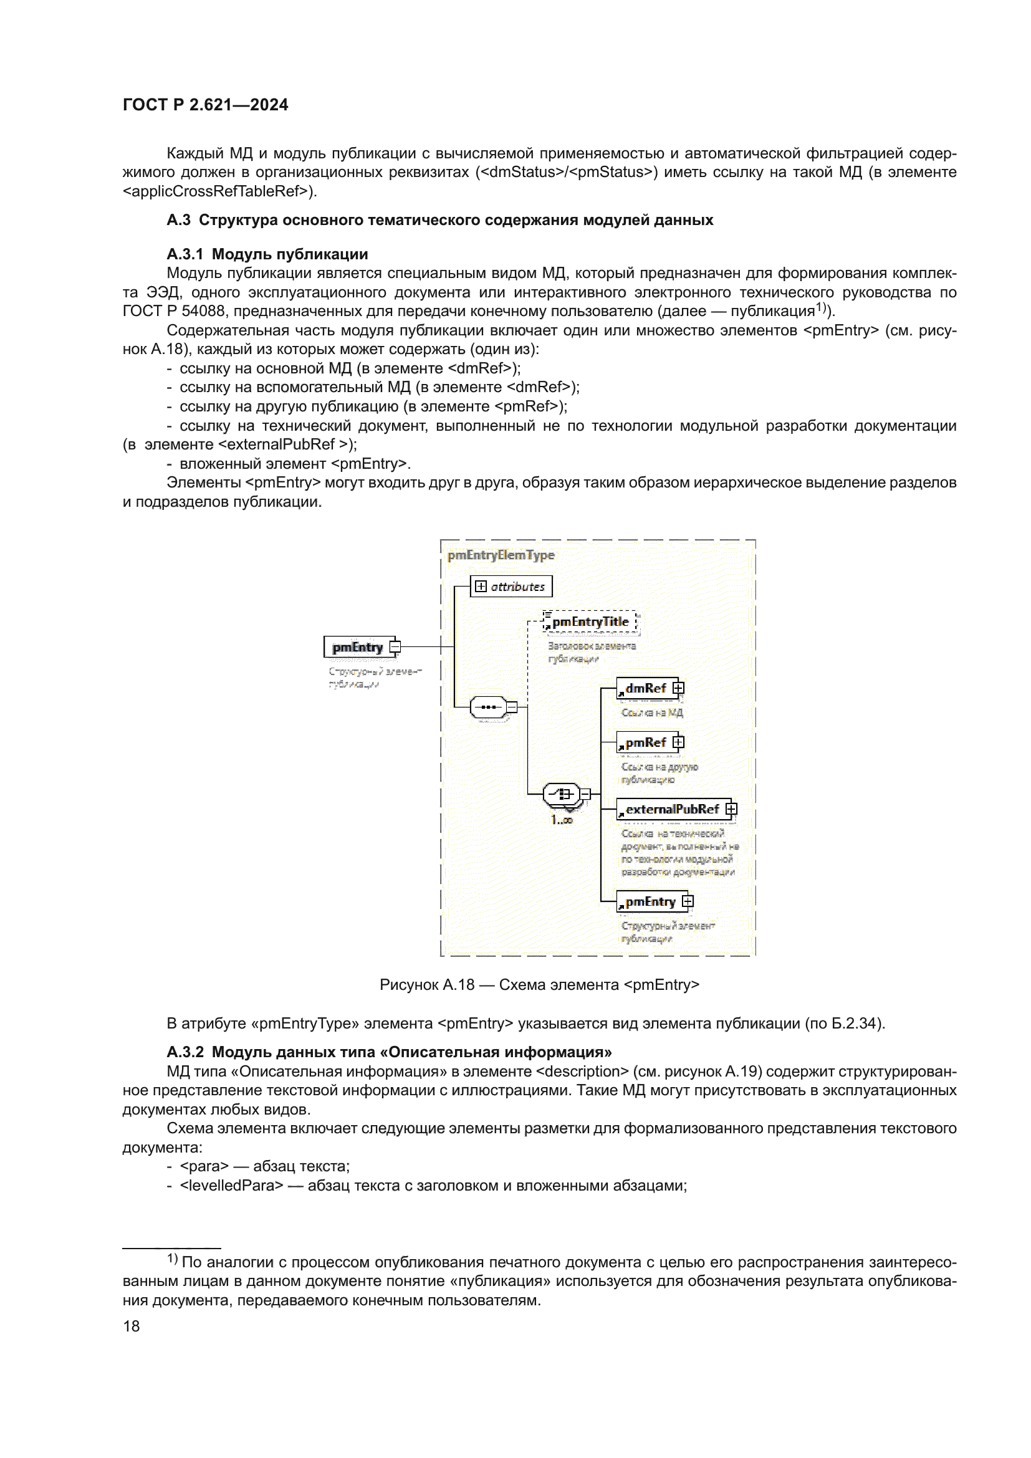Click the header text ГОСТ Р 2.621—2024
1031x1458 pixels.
205,105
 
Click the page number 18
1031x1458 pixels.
132,1326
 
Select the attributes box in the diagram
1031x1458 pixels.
511,586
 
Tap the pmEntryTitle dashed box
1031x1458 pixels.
590,622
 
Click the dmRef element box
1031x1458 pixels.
646,688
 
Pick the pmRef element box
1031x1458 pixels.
646,742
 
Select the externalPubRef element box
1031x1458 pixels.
672,809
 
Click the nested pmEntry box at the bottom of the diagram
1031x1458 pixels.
650,902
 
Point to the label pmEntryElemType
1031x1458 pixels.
501,555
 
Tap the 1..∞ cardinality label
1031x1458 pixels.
561,820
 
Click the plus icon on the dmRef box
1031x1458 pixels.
679,688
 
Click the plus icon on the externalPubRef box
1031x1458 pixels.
731,808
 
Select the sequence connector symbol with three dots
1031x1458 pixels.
488,707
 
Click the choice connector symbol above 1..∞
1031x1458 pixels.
561,794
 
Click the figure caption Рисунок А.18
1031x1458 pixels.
426,985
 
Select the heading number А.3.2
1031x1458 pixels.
185,1052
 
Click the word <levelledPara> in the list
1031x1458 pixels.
232,1186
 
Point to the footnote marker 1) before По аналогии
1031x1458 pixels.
173,1258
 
